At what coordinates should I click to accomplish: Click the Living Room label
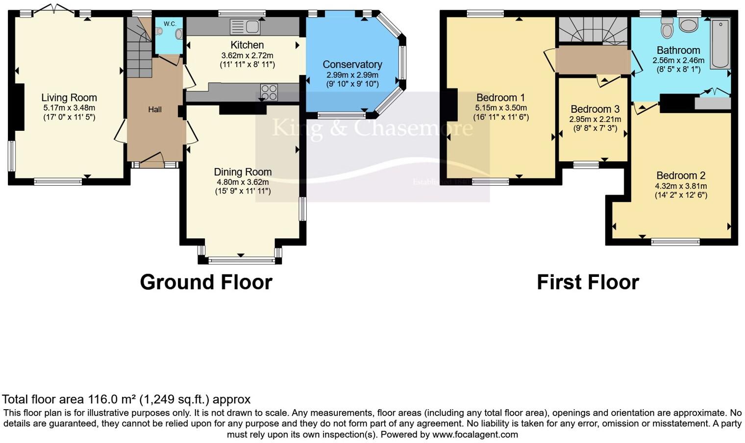coord(69,98)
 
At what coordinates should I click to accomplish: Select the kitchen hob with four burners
coord(269,92)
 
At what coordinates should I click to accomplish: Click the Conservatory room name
coord(352,65)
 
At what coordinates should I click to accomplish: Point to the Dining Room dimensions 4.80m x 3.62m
coord(243,182)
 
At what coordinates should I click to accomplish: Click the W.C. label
coord(170,24)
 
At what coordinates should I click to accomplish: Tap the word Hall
coord(155,110)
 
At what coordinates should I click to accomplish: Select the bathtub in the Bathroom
coord(720,44)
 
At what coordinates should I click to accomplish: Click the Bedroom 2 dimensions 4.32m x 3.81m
coord(681,186)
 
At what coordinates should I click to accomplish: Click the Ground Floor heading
coord(206,282)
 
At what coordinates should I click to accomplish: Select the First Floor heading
coord(588,282)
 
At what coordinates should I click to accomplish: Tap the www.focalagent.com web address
coord(475,434)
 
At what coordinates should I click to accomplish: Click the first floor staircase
coord(593,30)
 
